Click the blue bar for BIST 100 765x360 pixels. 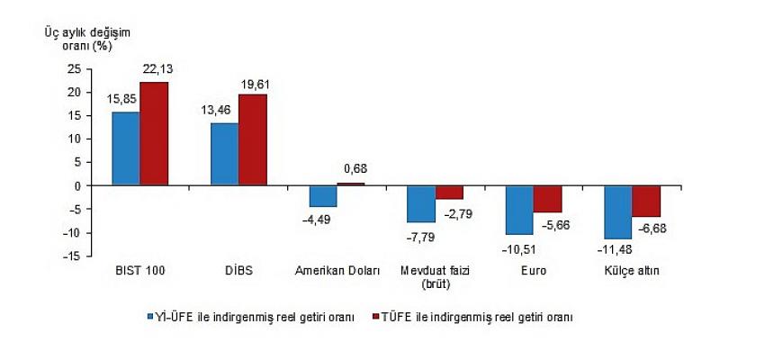pyautogui.click(x=126, y=148)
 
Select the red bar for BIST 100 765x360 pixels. pyautogui.click(x=154, y=134)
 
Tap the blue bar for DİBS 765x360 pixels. pyautogui.click(x=224, y=154)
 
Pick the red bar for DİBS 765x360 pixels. pyautogui.click(x=252, y=139)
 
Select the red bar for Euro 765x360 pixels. pyautogui.click(x=547, y=199)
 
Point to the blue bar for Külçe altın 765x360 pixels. pyautogui.click(x=617, y=212)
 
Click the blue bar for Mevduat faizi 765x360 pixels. pyautogui.click(x=421, y=204)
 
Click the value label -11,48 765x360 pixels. pyautogui.click(x=616, y=247)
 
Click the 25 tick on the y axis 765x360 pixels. pyautogui.click(x=75, y=68)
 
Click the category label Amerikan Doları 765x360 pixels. pyautogui.click(x=337, y=270)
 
